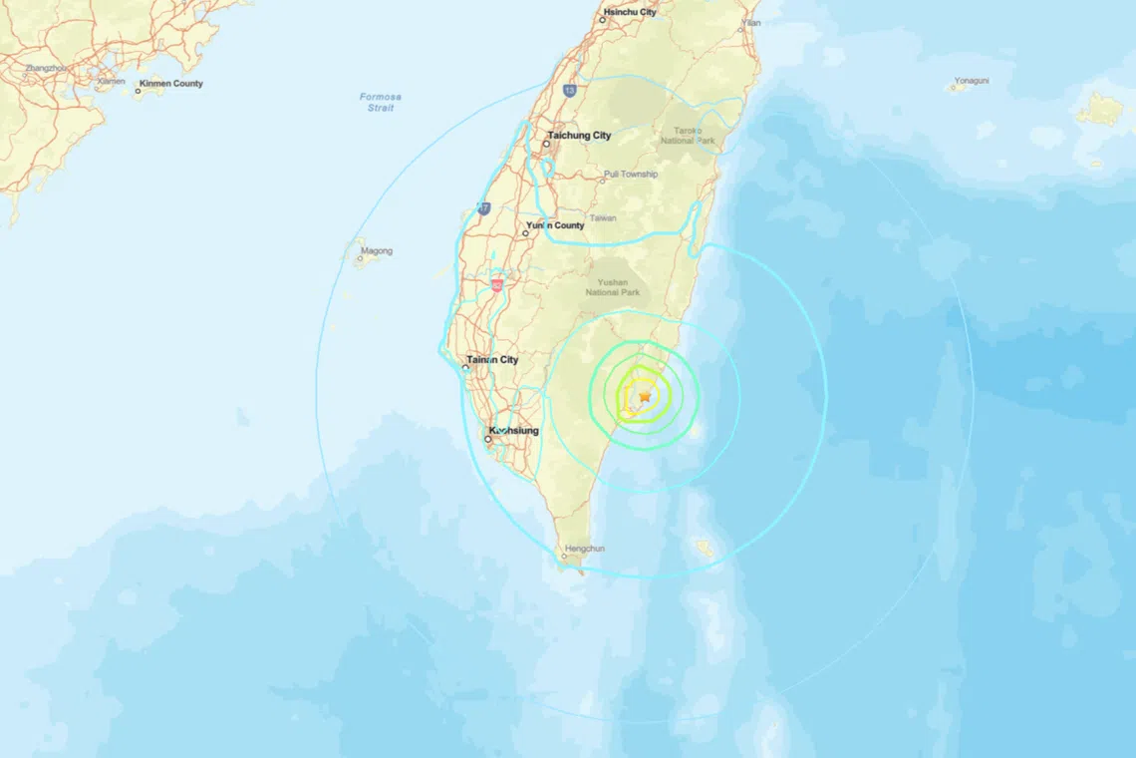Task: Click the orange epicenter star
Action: pos(645,397)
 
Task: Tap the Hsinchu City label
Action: pos(630,12)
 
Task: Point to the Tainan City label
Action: pos(493,360)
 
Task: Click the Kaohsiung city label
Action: pos(513,431)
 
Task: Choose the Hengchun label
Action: pos(584,549)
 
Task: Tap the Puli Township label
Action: pos(631,175)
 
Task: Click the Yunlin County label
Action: pos(555,225)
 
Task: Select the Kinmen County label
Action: pos(171,84)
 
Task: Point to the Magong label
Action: pos(377,251)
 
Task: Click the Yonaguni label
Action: pos(971,81)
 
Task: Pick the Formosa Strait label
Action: pos(381,102)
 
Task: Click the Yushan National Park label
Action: pos(613,286)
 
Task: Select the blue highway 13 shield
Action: pos(569,90)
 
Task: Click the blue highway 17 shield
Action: pos(484,208)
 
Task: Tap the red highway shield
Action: pos(496,285)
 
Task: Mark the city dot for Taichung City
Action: pos(546,145)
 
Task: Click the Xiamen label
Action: pos(112,81)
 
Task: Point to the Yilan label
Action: pos(750,22)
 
